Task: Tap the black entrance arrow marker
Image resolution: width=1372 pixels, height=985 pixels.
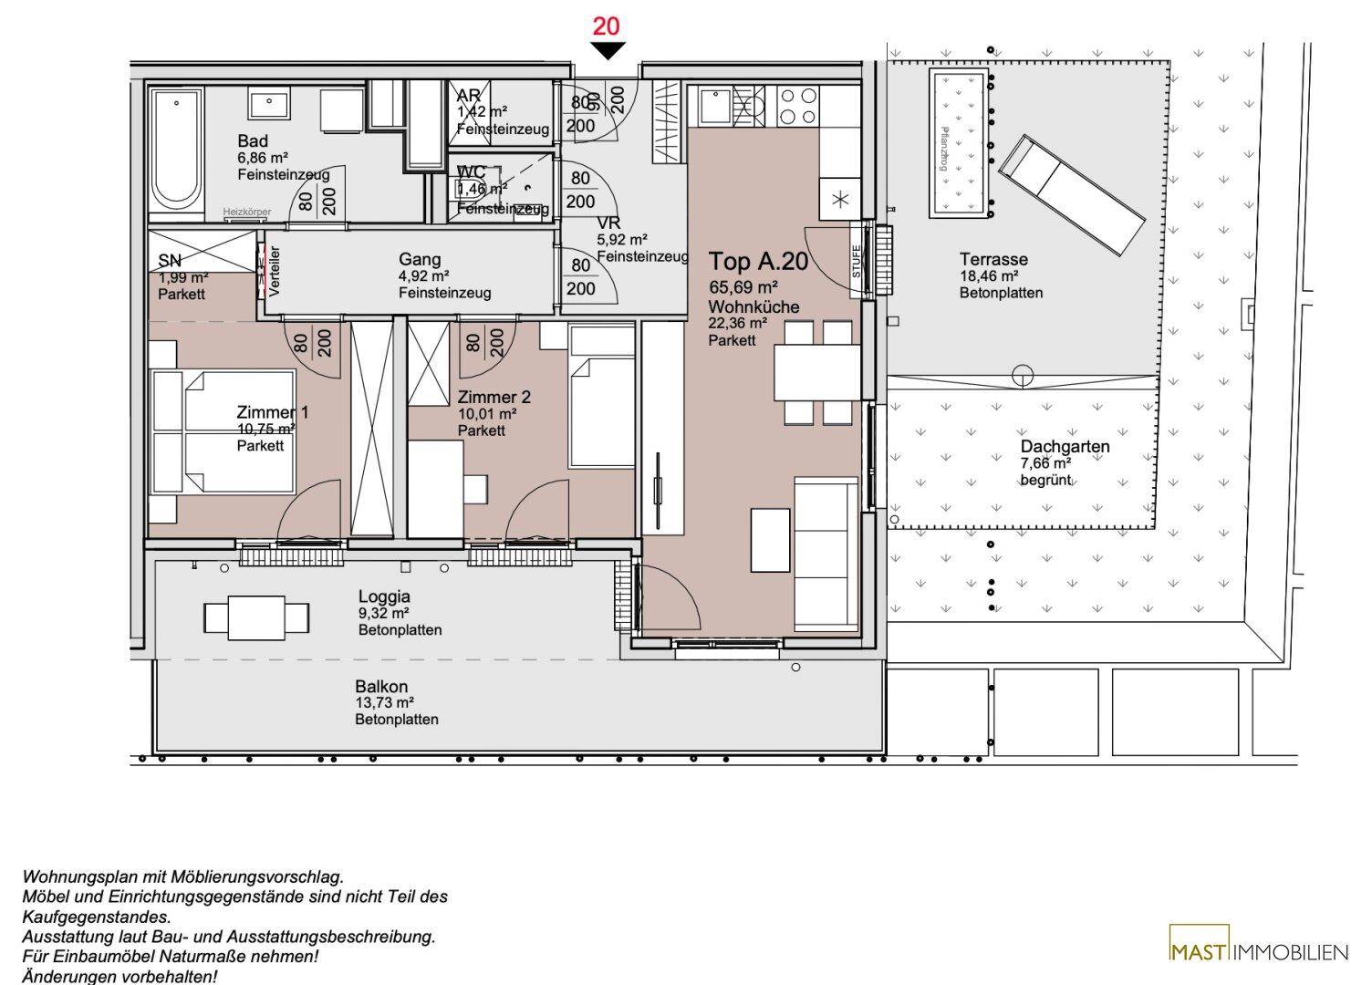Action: coord(607,51)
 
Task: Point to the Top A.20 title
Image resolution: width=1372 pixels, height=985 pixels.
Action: coord(758,262)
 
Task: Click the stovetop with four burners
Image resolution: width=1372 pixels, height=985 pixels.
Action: coord(797,105)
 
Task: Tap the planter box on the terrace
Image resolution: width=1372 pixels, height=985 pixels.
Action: coord(959,144)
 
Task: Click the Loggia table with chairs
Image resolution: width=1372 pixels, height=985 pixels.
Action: coord(244,617)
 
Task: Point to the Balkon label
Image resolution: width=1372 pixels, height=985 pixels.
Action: coord(381,687)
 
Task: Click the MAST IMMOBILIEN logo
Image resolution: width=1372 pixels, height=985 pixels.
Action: coord(1258,953)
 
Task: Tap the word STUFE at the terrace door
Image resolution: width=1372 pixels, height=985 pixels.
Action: coord(857,261)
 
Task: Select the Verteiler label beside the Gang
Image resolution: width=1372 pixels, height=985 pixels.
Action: coord(275,272)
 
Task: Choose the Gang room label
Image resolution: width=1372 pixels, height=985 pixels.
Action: coord(420,259)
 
